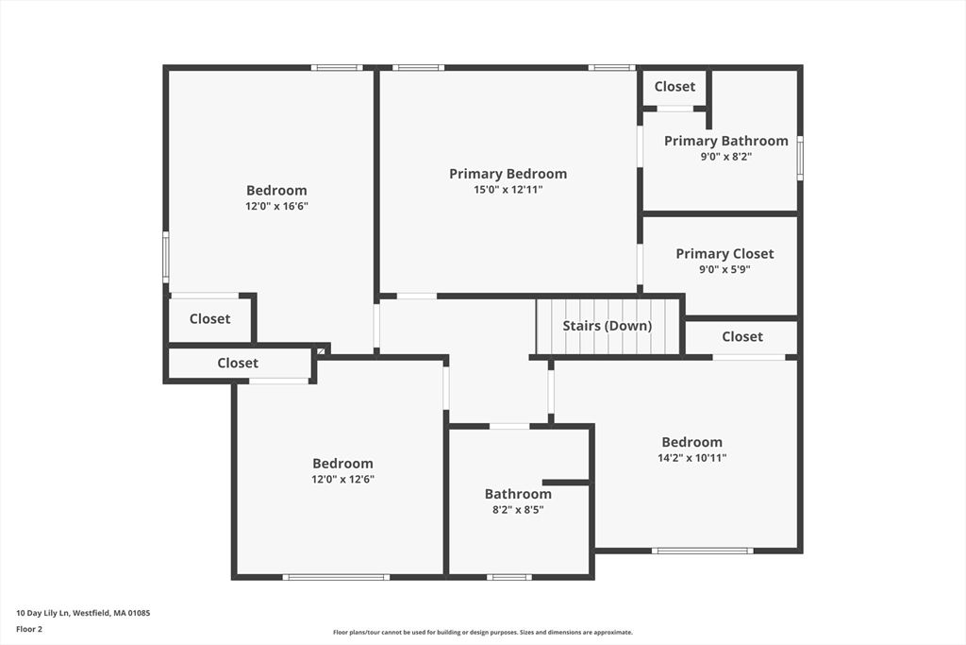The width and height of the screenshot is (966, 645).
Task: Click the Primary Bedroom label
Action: point(508,174)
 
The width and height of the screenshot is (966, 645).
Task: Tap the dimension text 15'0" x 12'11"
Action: point(508,190)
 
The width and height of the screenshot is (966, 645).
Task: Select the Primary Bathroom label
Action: point(725,141)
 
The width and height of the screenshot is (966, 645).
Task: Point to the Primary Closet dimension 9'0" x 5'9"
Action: point(724,269)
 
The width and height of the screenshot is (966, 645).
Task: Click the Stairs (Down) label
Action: point(608,326)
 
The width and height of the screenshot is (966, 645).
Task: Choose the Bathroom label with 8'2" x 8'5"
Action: point(518,494)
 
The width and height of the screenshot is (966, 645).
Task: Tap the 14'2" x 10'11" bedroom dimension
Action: point(691,458)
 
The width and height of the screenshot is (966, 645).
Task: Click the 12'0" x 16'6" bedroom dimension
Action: point(276,206)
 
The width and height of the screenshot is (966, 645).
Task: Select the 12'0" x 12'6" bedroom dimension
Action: point(342,479)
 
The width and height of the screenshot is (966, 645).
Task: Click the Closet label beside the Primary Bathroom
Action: point(675,86)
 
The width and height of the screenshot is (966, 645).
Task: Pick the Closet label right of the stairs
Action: point(742,336)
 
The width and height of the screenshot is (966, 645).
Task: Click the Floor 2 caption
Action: point(28,628)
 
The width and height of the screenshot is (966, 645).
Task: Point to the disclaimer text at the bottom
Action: point(482,633)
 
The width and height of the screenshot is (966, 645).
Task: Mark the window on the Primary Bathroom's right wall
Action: point(800,158)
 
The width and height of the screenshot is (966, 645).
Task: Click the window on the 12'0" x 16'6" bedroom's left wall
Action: point(166,258)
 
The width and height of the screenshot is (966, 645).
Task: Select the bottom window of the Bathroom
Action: point(509,577)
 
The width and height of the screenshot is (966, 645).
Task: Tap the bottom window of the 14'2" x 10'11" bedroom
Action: point(703,551)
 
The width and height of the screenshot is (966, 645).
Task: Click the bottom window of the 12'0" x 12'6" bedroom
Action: point(336,577)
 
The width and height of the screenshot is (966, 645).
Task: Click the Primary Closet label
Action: point(724,253)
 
